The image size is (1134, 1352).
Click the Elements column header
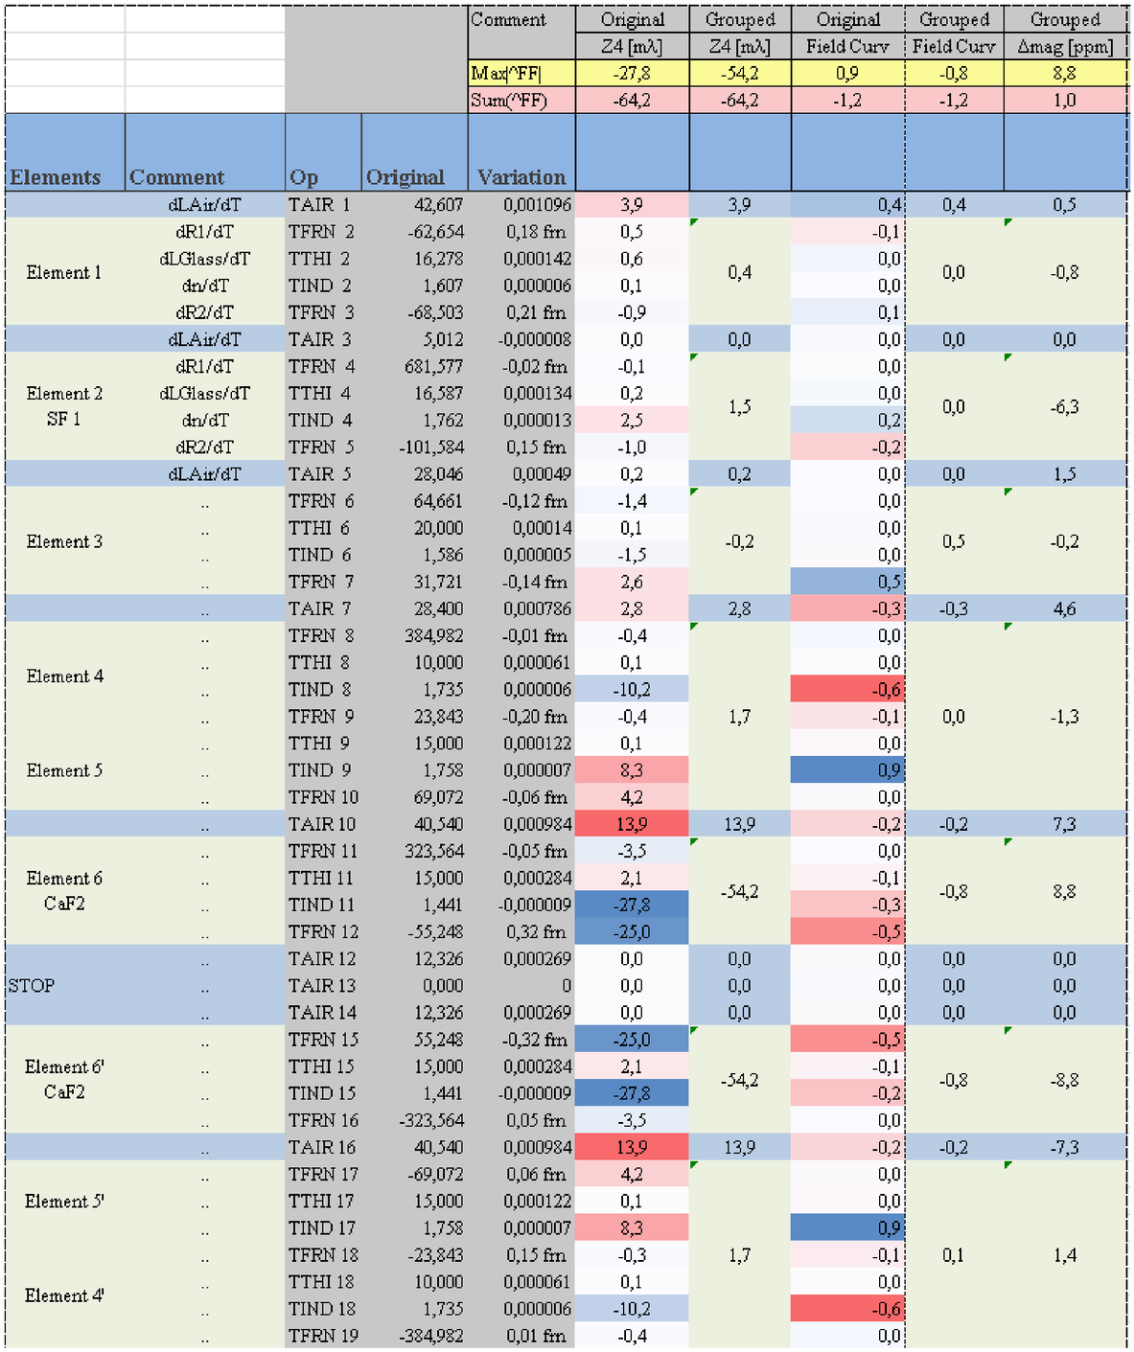click(x=55, y=176)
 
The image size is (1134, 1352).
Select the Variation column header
click(x=521, y=176)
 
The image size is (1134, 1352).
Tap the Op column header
click(x=303, y=177)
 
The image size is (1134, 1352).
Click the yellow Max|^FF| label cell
click(x=521, y=73)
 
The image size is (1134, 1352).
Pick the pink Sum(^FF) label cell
click(x=521, y=101)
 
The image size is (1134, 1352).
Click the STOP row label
click(x=32, y=985)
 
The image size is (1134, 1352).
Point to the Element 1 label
click(x=63, y=272)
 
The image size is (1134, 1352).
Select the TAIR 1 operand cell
click(x=319, y=205)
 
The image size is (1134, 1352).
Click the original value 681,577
click(x=433, y=366)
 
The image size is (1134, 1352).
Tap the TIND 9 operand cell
click(x=319, y=769)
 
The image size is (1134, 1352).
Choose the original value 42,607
click(x=439, y=205)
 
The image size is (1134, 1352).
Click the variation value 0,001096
click(x=537, y=205)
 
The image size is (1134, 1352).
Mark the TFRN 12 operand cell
click(x=323, y=931)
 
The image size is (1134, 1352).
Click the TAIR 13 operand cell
click(x=322, y=985)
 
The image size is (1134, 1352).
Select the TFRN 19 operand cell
click(x=323, y=1335)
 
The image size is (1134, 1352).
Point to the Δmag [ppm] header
click(x=1065, y=47)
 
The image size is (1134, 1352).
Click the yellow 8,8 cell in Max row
click(x=1065, y=73)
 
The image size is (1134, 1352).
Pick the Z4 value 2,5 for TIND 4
click(x=631, y=420)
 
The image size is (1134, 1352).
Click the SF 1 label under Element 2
click(x=63, y=419)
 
